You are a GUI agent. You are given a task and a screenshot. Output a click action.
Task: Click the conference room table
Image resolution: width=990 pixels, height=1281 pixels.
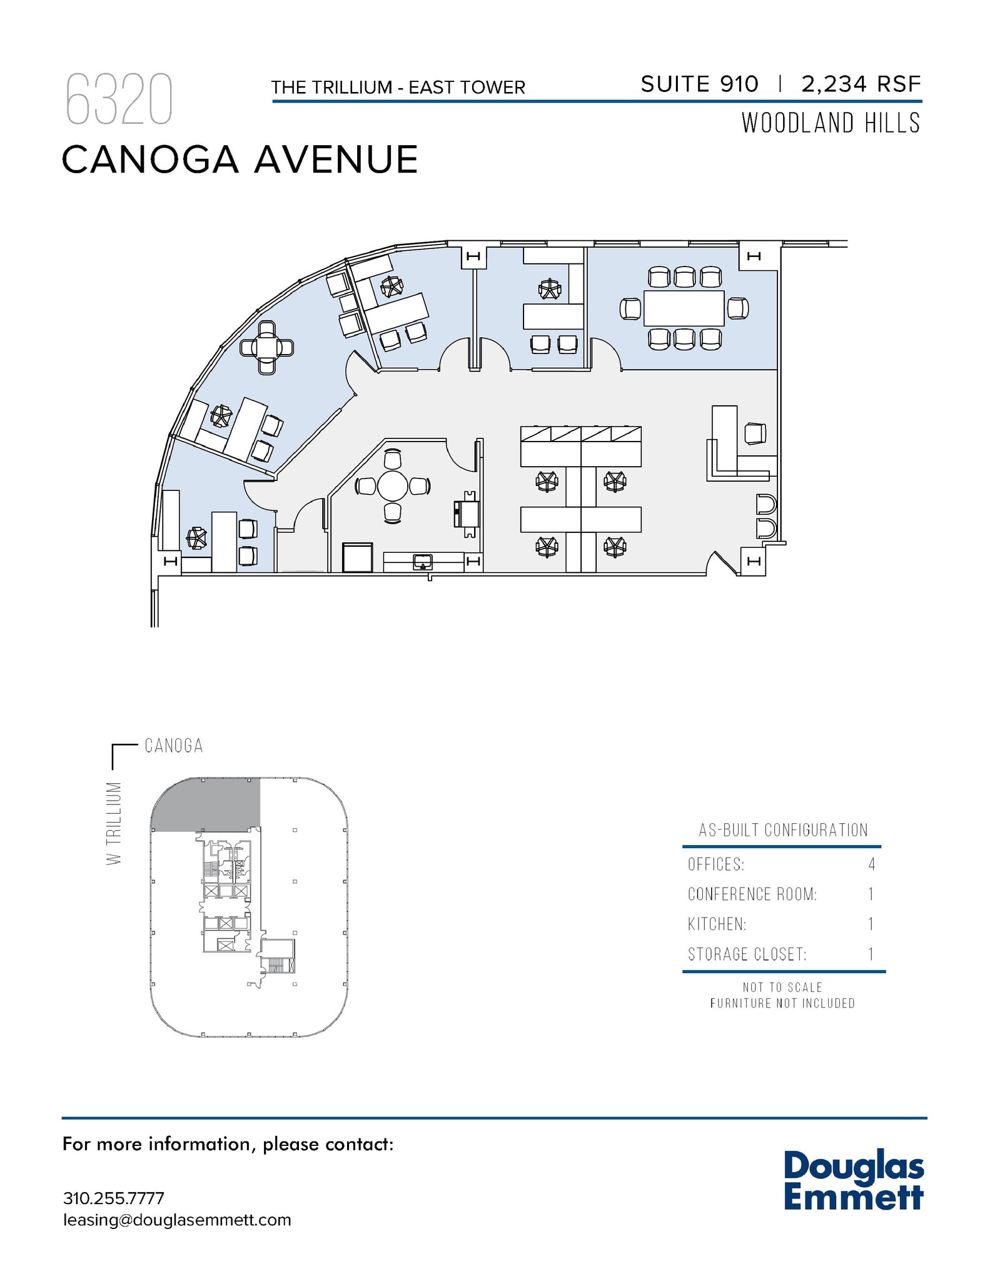(684, 308)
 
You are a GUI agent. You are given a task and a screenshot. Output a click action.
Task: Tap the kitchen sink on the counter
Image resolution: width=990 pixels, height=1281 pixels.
(423, 561)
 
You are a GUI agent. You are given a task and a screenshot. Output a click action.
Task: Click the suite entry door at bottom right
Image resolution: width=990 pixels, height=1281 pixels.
(724, 563)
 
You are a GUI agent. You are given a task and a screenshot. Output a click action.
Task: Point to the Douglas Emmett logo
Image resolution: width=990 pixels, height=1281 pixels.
(853, 1181)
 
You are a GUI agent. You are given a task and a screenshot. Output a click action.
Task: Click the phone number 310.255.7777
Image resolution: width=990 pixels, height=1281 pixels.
(114, 1198)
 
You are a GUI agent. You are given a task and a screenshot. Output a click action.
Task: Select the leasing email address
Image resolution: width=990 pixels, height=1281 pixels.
(177, 1220)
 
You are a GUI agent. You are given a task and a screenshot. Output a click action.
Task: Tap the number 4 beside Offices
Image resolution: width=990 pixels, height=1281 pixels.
(871, 864)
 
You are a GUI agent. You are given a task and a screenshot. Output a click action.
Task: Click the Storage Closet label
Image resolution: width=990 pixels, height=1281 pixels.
(747, 954)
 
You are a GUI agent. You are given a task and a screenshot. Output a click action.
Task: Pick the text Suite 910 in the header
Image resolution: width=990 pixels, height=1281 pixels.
(699, 84)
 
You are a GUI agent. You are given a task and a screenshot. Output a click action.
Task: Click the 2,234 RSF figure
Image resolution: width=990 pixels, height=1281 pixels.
(861, 84)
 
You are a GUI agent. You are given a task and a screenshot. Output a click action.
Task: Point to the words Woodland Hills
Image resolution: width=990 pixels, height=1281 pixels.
(831, 123)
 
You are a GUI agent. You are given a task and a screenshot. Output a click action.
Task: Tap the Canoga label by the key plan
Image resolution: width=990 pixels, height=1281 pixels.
(174, 746)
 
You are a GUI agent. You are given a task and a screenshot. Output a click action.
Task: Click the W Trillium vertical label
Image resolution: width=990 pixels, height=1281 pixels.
(113, 823)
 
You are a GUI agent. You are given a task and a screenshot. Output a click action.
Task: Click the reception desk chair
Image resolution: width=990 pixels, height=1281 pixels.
(755, 433)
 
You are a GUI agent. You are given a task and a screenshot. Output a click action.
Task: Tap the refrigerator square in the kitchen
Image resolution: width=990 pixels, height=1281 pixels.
(358, 557)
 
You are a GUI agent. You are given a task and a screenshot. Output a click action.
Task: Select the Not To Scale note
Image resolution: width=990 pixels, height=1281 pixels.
(782, 988)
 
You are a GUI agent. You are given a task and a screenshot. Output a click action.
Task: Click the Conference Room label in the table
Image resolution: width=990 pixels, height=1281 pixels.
(752, 894)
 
